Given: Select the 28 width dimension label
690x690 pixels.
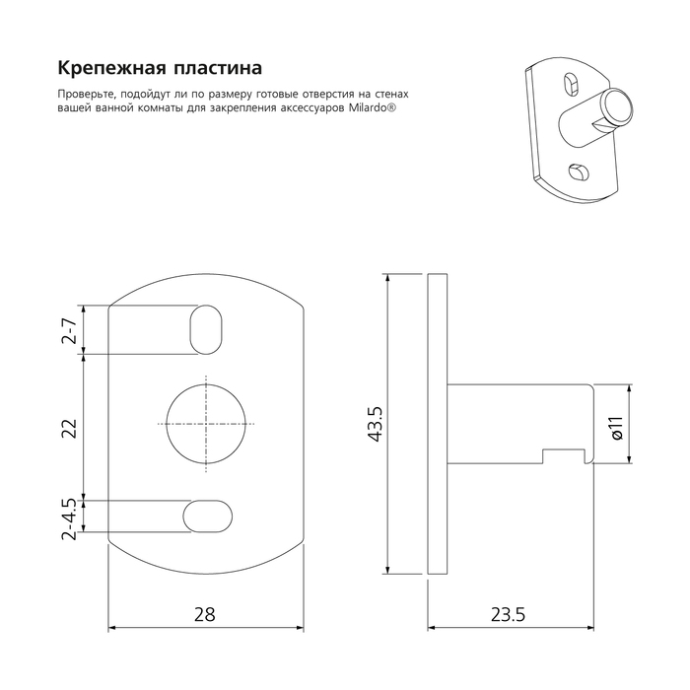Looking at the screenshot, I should point(205,613).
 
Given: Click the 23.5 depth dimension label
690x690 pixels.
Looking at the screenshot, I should point(507,613).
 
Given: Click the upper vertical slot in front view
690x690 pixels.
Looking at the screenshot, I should point(206,328).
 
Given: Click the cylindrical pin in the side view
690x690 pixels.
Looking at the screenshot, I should point(517,424).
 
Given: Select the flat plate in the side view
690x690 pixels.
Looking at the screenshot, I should point(438,424).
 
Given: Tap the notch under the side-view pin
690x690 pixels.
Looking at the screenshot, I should point(564,455).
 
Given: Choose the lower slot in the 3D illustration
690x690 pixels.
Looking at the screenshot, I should point(580,173).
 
